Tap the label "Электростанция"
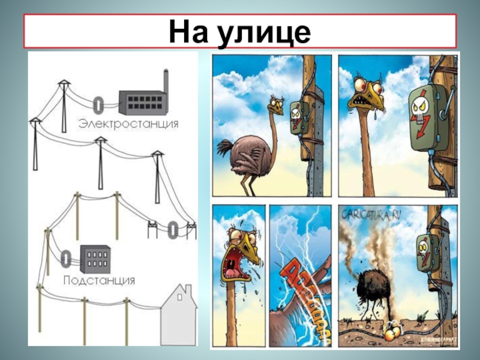click(128, 124)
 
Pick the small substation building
click(95, 260)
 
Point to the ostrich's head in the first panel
click(277, 106)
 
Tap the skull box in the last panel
click(427, 250)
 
